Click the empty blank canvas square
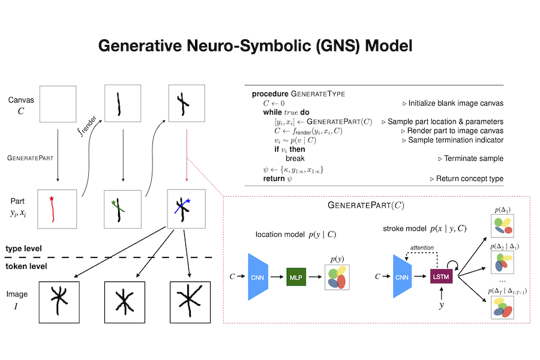tap(58, 105)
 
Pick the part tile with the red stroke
tap(58, 209)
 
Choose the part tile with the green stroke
tap(123, 209)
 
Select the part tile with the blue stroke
tap(185, 209)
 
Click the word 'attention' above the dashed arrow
tap(422, 248)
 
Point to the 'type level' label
tap(25, 248)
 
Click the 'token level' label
tap(26, 266)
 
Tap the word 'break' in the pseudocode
tap(295, 158)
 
